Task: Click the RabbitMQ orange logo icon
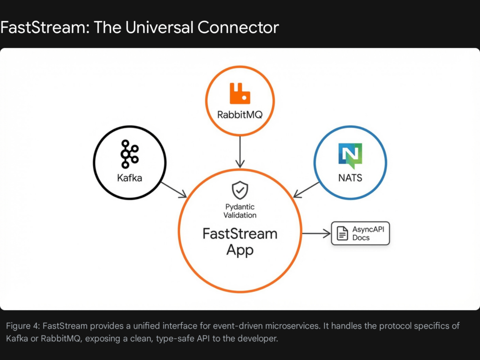pyautogui.click(x=240, y=93)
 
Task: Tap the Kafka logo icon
pyautogui.click(x=130, y=153)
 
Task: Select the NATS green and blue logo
pyautogui.click(x=350, y=156)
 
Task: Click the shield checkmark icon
pyautogui.click(x=240, y=190)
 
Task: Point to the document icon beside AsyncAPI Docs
pyautogui.click(x=343, y=233)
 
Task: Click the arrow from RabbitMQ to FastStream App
pyautogui.click(x=240, y=151)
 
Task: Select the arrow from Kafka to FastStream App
pyautogui.click(x=173, y=189)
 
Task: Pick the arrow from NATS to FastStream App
pyautogui.click(x=307, y=190)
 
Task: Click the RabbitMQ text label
pyautogui.click(x=240, y=114)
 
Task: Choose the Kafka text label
pyautogui.click(x=130, y=178)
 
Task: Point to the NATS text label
pyautogui.click(x=350, y=177)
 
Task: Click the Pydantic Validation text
pyautogui.click(x=240, y=211)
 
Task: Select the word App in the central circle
pyautogui.click(x=240, y=250)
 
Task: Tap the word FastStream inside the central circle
pyautogui.click(x=240, y=233)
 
